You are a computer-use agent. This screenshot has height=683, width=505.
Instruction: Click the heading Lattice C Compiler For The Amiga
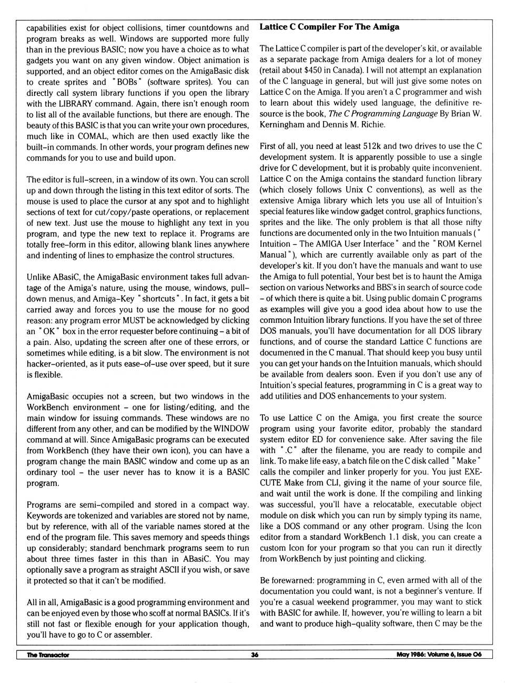[329, 27]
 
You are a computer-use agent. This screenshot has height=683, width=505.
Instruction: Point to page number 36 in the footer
[255, 655]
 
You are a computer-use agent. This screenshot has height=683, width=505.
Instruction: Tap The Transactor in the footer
[48, 655]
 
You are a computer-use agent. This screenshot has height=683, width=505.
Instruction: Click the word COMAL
[92, 136]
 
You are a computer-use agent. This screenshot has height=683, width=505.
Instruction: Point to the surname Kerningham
[282, 124]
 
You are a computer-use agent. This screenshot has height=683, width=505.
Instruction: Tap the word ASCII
[181, 569]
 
